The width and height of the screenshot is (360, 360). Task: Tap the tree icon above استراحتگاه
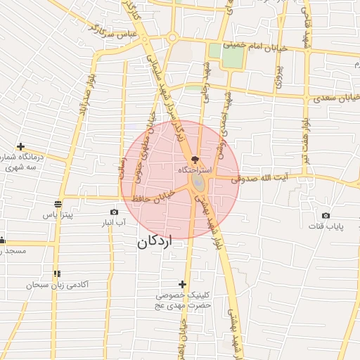[195, 160]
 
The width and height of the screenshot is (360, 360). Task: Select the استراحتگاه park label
[195, 170]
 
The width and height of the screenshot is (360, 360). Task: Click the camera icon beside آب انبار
[115, 212]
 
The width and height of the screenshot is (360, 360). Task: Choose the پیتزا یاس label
[58, 215]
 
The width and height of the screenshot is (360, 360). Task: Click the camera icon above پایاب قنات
[326, 215]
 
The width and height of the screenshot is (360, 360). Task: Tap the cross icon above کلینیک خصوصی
[183, 284]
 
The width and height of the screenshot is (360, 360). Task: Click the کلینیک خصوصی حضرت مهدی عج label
[184, 301]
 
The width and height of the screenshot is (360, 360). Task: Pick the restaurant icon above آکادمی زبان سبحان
[56, 274]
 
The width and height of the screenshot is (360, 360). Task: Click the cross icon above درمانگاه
[20, 146]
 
